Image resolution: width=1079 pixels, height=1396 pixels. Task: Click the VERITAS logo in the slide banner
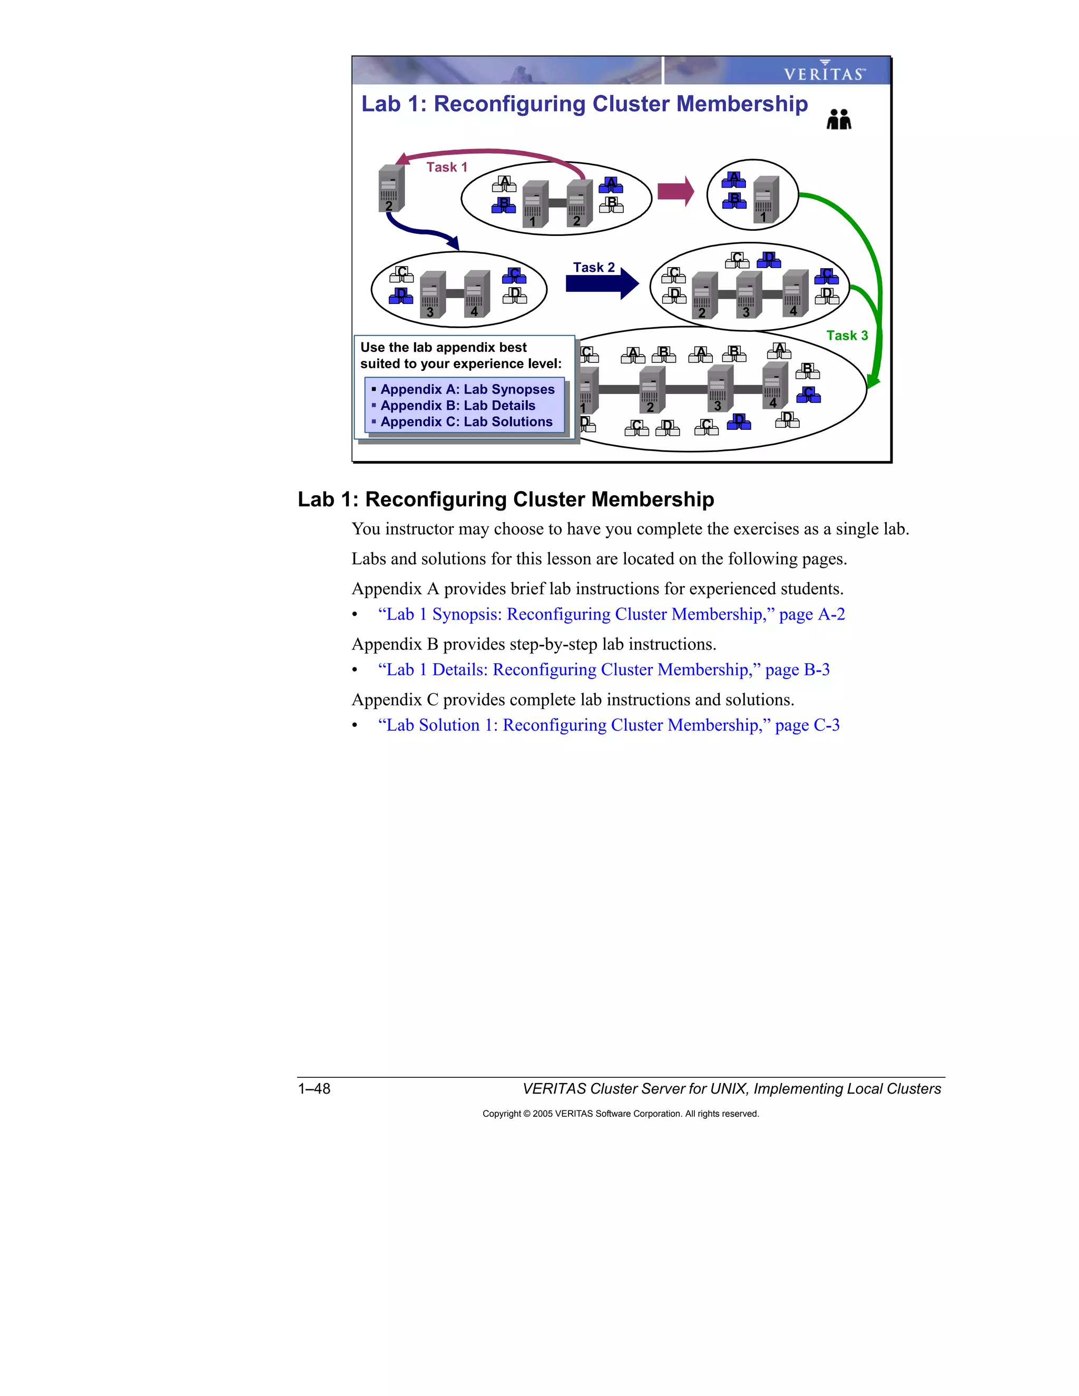pos(824,72)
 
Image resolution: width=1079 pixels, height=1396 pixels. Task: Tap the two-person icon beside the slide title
pos(839,120)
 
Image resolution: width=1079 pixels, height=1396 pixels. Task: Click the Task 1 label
pos(447,167)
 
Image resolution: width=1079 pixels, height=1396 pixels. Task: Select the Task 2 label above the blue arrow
pos(593,267)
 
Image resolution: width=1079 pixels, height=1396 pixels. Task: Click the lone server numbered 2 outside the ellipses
pos(390,189)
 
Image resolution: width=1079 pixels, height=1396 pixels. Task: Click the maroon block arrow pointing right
pos(675,191)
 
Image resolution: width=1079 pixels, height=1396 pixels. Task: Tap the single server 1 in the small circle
pos(764,200)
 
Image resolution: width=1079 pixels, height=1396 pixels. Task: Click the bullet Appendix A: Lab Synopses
pos(467,389)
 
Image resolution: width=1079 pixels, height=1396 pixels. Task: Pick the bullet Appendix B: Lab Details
pos(457,406)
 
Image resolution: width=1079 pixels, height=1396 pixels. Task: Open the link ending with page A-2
pos(611,614)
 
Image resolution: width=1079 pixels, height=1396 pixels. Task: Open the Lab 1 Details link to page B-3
pos(603,670)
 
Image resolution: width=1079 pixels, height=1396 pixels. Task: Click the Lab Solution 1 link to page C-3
pos(609,725)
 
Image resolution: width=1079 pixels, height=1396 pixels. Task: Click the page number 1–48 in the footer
pos(314,1088)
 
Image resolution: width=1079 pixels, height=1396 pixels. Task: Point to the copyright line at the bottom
pos(620,1114)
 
